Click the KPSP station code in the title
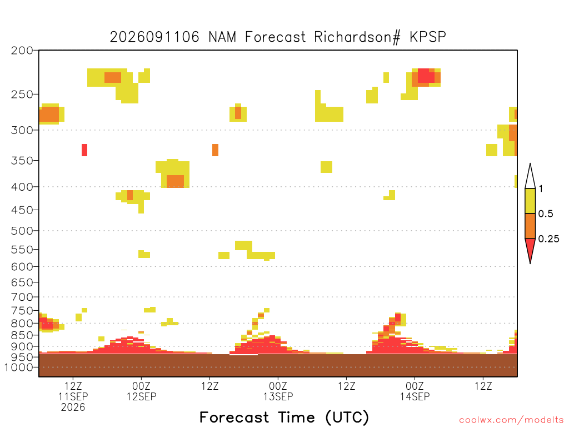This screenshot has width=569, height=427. pos(427,37)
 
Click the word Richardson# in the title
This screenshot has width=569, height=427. pos(357,37)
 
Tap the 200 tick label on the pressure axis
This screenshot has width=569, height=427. pos(22,51)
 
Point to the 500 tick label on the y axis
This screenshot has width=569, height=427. pos(22,231)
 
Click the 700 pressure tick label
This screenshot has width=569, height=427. pos(22,297)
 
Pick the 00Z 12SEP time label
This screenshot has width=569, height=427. pos(141,391)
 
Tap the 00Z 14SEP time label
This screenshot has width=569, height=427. pos(415,391)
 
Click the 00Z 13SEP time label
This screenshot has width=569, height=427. pos(278,391)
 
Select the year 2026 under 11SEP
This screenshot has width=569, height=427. pos(73,408)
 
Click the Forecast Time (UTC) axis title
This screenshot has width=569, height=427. pos(284,418)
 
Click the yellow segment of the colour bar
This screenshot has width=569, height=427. pos(530,201)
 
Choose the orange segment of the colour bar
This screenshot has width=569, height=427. pos(530,226)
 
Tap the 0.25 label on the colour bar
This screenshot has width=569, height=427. pos(548,239)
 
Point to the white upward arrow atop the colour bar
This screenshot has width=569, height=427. pos(530,177)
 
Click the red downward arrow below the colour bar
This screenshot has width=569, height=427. pos(530,250)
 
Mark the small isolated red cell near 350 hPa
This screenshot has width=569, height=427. pos(84,150)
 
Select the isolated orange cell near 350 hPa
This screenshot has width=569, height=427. pos(215,150)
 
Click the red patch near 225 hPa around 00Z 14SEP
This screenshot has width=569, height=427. pos(426,76)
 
